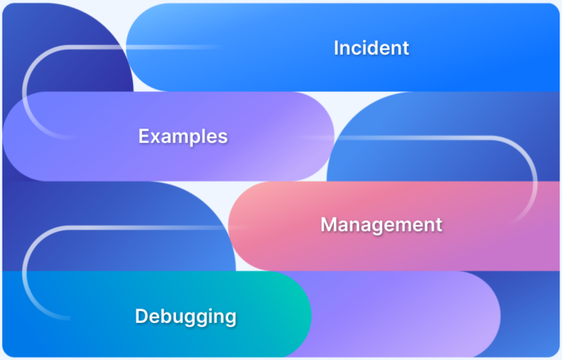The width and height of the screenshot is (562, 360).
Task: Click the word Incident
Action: point(371,47)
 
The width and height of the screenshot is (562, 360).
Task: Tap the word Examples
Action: point(183,137)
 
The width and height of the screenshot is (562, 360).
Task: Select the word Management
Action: point(381,225)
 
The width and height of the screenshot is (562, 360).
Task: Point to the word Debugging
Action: point(185,317)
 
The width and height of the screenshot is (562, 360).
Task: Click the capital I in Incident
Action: point(336,47)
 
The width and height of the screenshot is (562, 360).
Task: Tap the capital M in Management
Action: point(328,224)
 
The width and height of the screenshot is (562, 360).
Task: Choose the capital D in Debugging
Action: point(142,316)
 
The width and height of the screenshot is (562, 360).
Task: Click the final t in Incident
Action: point(405,48)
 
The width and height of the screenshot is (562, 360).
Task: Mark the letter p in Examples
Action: point(194,140)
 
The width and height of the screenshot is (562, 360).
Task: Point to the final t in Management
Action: point(438,226)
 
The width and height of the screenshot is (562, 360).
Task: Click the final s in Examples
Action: point(223,138)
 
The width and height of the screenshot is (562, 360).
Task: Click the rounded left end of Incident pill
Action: point(144,47)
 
